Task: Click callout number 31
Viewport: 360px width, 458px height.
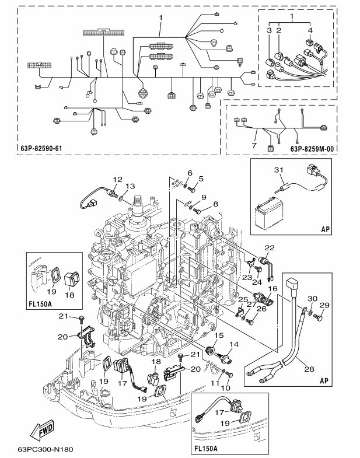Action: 279,170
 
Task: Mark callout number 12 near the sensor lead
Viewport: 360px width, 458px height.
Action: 117,179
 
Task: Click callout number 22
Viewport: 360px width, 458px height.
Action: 270,248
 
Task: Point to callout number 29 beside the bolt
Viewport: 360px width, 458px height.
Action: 327,305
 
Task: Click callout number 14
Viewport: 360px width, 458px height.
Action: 235,345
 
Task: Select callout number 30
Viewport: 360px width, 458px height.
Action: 313,298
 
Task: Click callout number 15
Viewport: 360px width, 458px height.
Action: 220,336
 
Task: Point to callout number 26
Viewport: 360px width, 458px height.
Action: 260,309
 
